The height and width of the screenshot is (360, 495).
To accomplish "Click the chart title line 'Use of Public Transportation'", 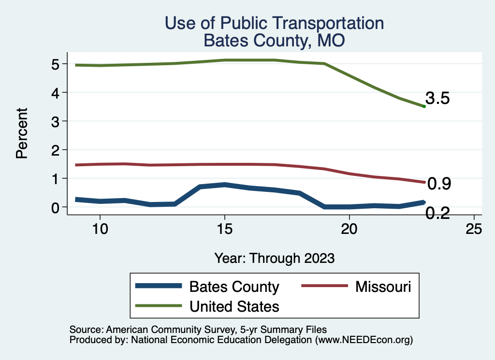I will [x=274, y=23].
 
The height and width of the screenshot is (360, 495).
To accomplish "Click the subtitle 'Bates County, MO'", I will [x=274, y=40].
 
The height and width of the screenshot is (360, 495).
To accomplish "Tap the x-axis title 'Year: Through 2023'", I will [x=274, y=258].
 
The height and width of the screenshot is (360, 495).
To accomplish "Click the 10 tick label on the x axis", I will [x=100, y=229].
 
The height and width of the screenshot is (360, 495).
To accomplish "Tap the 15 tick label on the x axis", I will [x=224, y=229].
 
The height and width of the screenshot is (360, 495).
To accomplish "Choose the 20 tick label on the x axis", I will [x=349, y=229].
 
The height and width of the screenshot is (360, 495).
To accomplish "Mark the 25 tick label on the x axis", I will [x=474, y=229].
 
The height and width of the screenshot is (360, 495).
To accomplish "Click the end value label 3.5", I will [x=438, y=99].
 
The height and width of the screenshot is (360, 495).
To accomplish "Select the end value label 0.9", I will [x=439, y=184].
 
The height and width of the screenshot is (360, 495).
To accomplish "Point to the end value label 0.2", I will [x=438, y=213].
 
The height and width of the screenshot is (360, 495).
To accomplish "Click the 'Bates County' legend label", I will [x=234, y=287].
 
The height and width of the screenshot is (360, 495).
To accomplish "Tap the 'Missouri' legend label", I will [x=383, y=287].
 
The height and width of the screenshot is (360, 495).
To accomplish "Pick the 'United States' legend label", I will [x=234, y=306].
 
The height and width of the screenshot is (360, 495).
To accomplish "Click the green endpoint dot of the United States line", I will [x=424, y=106].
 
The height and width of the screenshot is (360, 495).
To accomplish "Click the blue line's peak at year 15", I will [x=224, y=185].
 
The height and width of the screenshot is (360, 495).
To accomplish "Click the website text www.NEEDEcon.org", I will [x=363, y=340].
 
